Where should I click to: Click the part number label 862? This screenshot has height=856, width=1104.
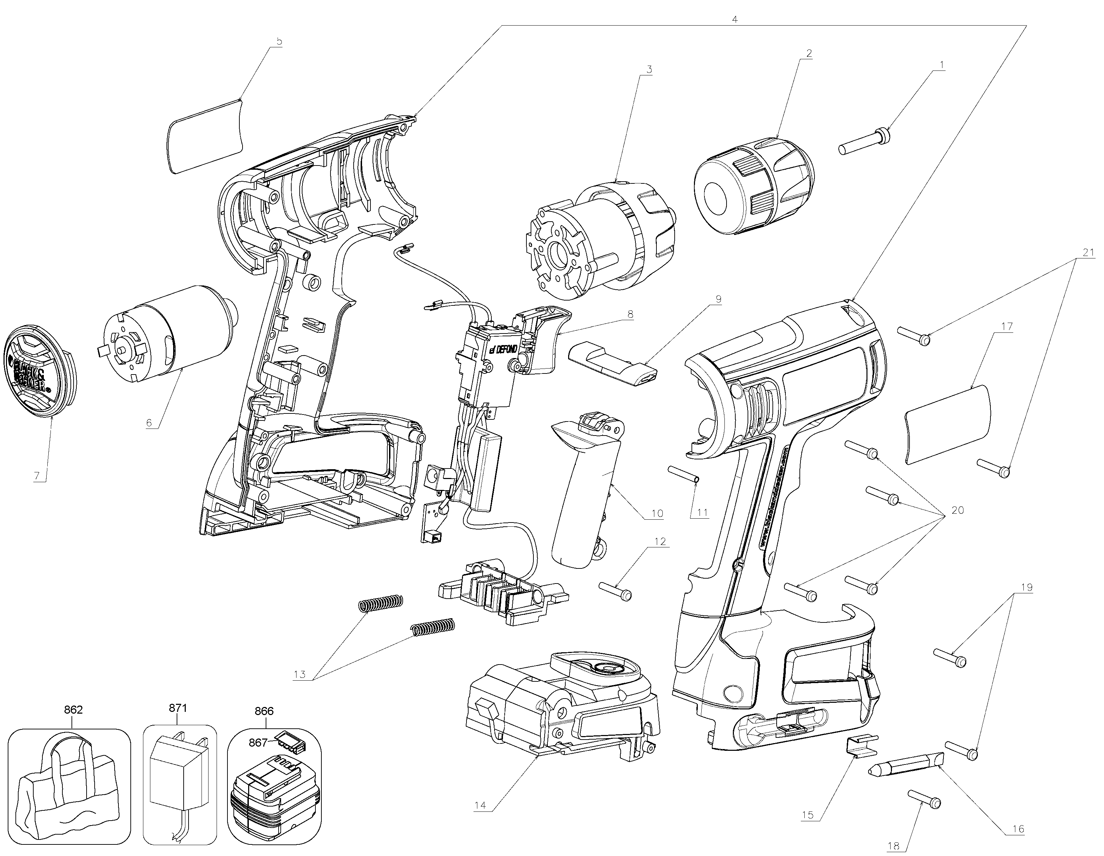(x=73, y=710)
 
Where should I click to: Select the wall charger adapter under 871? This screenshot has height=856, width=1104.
(x=179, y=780)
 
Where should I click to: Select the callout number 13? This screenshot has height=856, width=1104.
(x=300, y=674)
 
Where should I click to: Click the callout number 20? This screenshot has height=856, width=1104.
(x=958, y=511)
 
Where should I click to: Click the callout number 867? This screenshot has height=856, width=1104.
(x=258, y=742)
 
